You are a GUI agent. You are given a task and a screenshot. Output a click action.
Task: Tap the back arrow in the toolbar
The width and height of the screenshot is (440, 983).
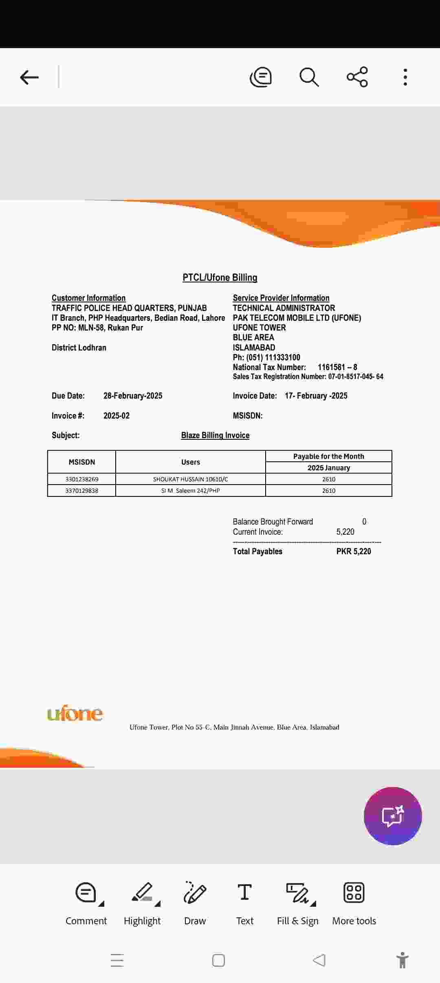pyautogui.click(x=29, y=77)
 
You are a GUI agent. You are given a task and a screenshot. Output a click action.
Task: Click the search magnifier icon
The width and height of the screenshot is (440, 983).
pyautogui.click(x=309, y=77)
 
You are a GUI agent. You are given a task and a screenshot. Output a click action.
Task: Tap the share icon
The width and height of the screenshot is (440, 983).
pyautogui.click(x=357, y=77)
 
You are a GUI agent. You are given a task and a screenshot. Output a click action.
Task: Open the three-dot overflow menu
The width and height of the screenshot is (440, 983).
pyautogui.click(x=405, y=77)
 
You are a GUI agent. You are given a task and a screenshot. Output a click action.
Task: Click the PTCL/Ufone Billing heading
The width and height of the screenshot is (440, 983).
pyautogui.click(x=220, y=278)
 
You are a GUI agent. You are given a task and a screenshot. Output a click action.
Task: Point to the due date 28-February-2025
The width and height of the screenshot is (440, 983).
pyautogui.click(x=133, y=396)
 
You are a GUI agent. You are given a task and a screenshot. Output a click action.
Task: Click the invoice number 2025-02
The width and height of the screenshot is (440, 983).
pyautogui.click(x=117, y=416)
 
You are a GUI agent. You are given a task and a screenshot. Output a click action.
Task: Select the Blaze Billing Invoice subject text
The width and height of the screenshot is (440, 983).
pyautogui.click(x=215, y=435)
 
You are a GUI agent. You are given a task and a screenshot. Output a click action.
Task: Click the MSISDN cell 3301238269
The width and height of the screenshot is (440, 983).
pyautogui.click(x=82, y=479)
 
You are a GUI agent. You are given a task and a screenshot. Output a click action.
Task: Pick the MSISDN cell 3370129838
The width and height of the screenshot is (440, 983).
pyautogui.click(x=82, y=491)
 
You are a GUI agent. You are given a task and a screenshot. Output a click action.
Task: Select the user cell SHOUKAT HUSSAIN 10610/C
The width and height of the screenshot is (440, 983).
pyautogui.click(x=190, y=479)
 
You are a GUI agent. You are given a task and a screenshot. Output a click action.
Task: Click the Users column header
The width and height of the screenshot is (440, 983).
pyautogui.click(x=190, y=462)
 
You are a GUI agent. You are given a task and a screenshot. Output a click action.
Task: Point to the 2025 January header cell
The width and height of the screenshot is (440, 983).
pyautogui.click(x=328, y=468)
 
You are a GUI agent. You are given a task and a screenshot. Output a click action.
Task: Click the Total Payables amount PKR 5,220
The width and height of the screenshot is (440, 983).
pyautogui.click(x=354, y=551)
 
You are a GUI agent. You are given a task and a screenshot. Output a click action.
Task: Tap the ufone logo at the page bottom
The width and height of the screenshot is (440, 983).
pyautogui.click(x=75, y=714)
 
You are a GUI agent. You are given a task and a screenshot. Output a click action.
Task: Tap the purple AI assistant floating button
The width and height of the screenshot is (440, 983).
pyautogui.click(x=393, y=816)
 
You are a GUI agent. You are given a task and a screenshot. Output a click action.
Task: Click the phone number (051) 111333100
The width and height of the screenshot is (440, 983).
pyautogui.click(x=273, y=357)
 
